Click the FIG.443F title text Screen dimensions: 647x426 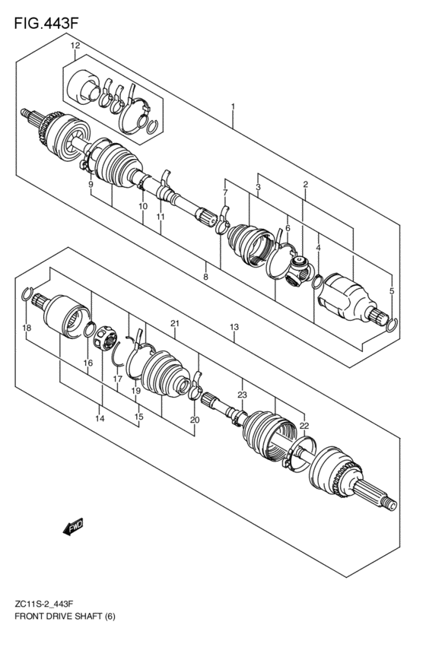pos(45,23)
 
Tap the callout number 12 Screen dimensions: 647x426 pos(75,47)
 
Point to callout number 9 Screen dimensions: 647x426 pos(90,185)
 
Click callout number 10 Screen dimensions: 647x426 pos(142,206)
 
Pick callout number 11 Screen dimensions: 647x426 pos(161,217)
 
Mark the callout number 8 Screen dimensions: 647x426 pos(205,278)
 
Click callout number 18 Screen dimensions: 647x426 pos(27,328)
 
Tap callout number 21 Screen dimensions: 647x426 pos(174,324)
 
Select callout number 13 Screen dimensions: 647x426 pos(234,327)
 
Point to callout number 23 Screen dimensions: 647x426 pos(243,395)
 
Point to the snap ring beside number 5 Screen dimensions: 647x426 pos(390,326)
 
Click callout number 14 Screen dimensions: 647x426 pos(100,418)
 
